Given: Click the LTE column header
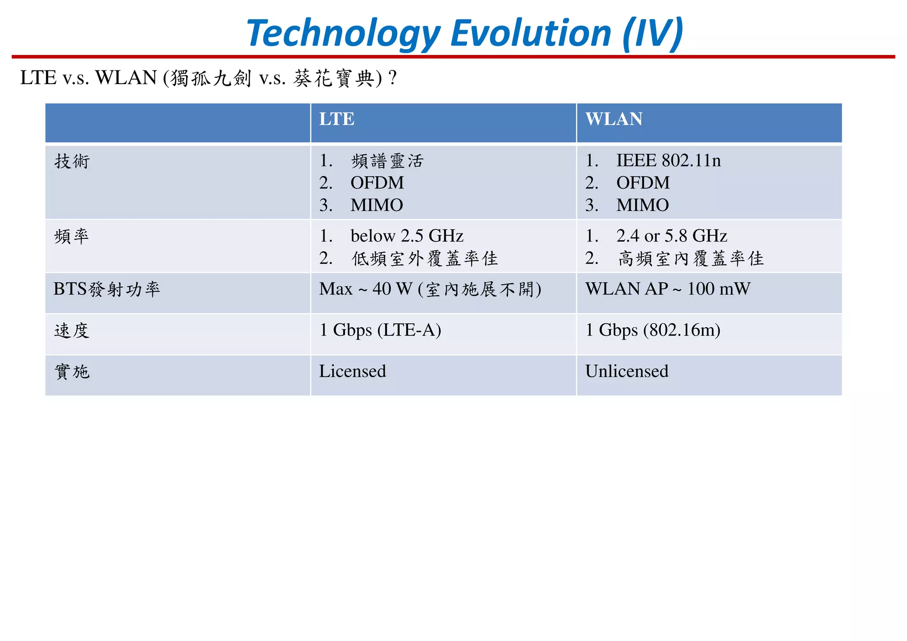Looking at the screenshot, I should pos(337,119).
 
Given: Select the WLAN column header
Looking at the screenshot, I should pos(613,119).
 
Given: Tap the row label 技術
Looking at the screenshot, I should pos(72,161).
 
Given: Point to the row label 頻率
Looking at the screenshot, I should pos(72,236).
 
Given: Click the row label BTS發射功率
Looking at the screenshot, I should pos(106,289).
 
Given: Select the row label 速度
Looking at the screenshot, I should pos(72,330).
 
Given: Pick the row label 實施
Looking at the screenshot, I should pos(72,371).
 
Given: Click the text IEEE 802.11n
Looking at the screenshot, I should pos(668,160).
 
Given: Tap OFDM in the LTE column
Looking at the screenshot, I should pos(377,183).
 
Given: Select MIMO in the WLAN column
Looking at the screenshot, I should pos(642,205).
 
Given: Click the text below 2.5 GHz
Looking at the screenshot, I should pos(407,236).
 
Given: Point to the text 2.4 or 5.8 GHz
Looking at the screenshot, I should pos(671,236).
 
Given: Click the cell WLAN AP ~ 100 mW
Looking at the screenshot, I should pos(667,289).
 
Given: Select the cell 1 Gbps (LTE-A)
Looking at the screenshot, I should pos(380,330).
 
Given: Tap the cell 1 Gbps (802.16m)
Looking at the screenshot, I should pos(652,330).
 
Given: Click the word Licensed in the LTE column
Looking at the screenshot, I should pos(353,371).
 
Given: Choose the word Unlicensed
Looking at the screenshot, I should pos(626,371).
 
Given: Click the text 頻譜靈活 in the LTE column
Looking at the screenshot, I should pos(387,161).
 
